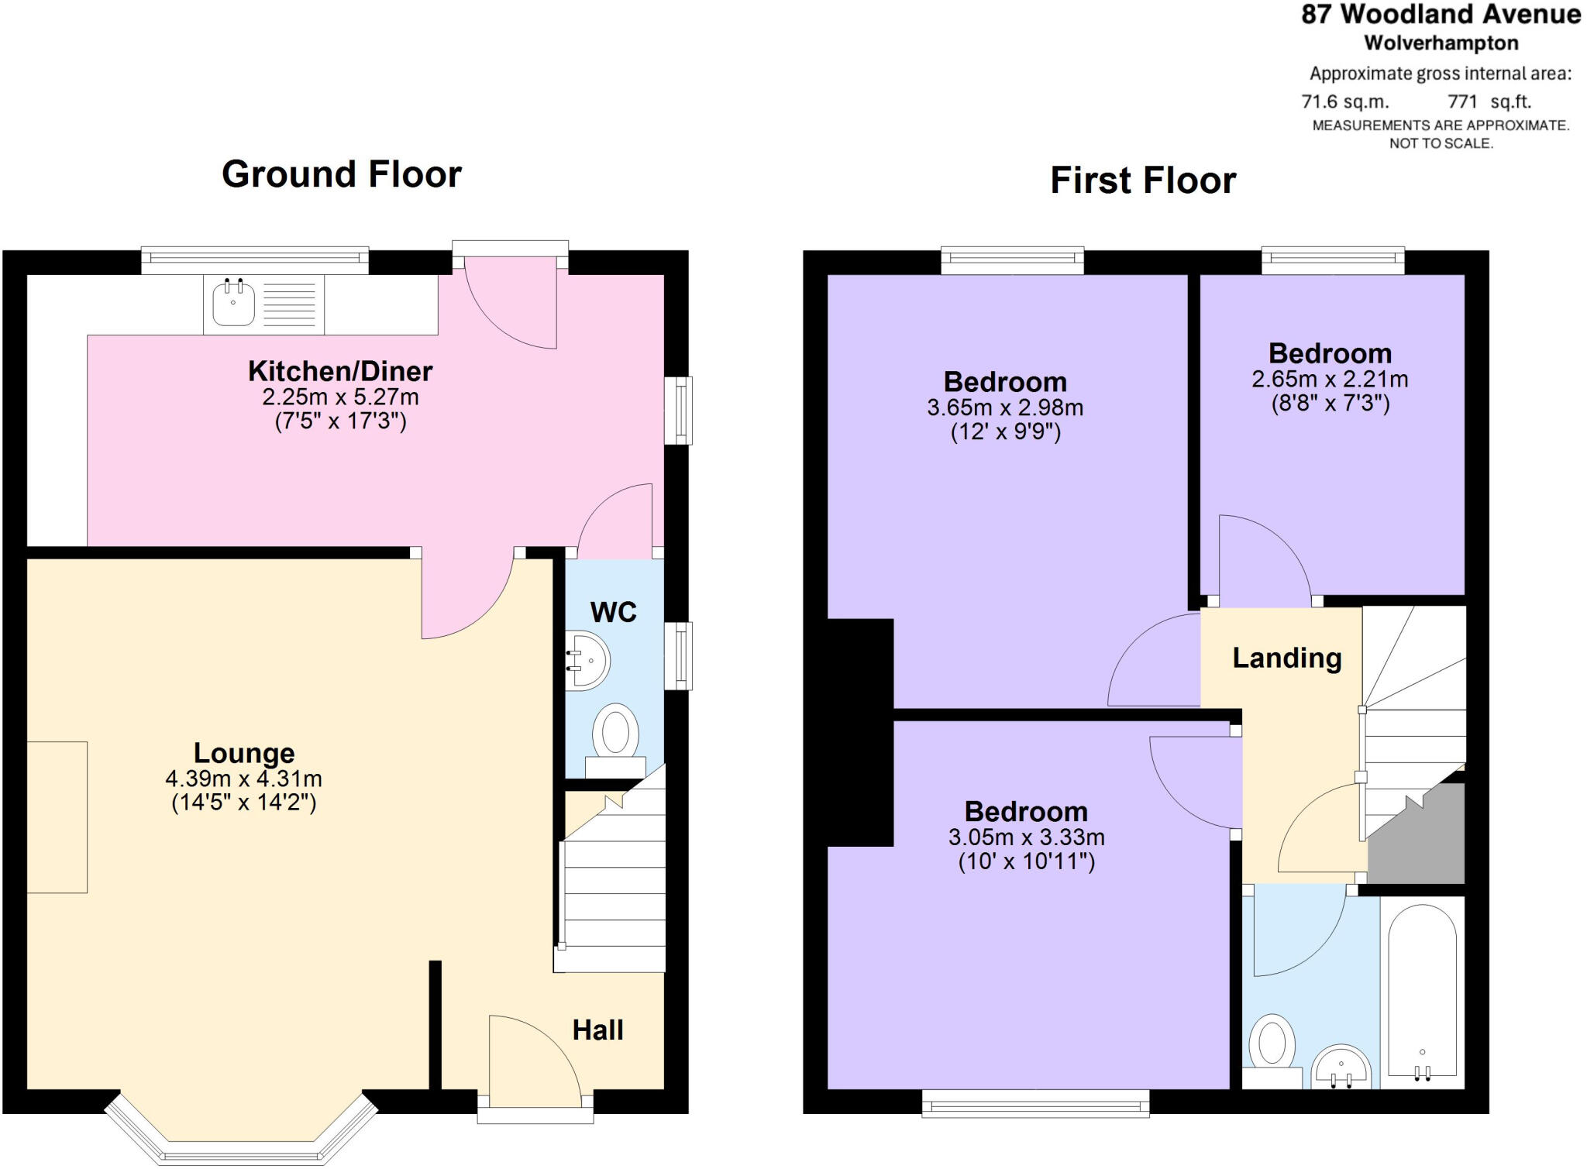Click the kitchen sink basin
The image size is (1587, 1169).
pyautogui.click(x=233, y=304)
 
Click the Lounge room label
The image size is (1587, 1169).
pyautogui.click(x=244, y=753)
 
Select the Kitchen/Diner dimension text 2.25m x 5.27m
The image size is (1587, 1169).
pyautogui.click(x=340, y=397)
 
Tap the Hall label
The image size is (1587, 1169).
pyautogui.click(x=597, y=1030)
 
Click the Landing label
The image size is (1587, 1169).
pyautogui.click(x=1287, y=658)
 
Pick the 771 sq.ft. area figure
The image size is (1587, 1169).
pyautogui.click(x=1489, y=101)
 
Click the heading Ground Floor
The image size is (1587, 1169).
pyautogui.click(x=342, y=174)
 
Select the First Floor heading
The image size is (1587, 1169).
pyautogui.click(x=1143, y=181)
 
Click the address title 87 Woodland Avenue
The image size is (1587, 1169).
pyautogui.click(x=1441, y=15)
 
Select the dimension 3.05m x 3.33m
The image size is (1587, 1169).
pyautogui.click(x=1026, y=837)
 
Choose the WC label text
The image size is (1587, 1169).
pyautogui.click(x=613, y=612)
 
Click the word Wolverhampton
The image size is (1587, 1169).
pyautogui.click(x=1441, y=43)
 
